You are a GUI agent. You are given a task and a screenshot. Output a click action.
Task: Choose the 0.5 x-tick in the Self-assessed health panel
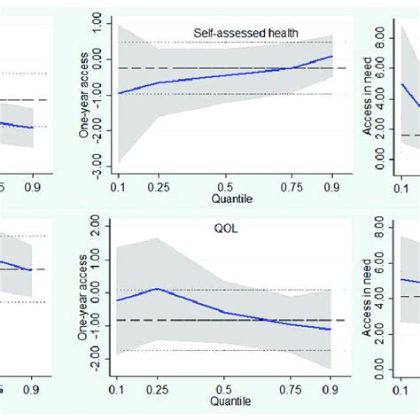225,187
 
